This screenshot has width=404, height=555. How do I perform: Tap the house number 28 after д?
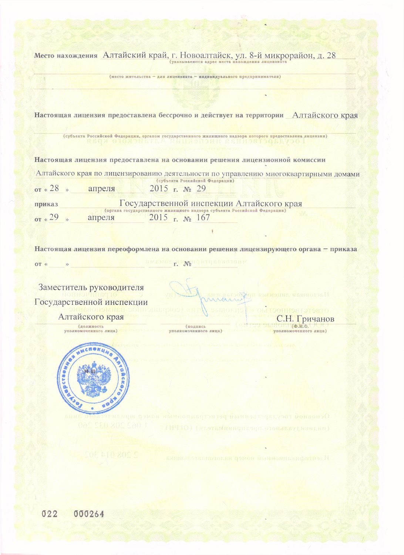point(331,55)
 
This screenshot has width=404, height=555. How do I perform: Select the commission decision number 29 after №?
point(201,189)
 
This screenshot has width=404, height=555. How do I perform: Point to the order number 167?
point(203,218)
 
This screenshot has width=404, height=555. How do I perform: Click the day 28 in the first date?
point(54,189)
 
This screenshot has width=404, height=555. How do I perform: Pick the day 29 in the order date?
point(54,218)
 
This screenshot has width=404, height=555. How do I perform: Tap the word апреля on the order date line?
point(101,218)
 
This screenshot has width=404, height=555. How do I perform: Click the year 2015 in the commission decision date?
point(159,189)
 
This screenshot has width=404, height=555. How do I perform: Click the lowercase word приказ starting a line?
point(46,204)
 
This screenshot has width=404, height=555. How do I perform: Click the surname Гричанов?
point(316,319)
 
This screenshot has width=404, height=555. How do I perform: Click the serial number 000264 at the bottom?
point(89,514)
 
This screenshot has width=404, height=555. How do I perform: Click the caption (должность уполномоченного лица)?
point(91,329)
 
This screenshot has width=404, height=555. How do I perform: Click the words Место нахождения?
point(65,56)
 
